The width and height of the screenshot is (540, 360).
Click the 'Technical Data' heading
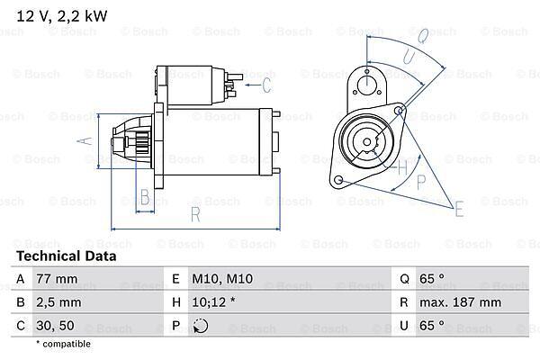point(67,256)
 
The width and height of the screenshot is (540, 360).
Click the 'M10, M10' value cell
point(216,279)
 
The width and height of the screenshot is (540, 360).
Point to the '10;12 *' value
point(212,302)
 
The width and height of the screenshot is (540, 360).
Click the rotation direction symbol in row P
point(200,326)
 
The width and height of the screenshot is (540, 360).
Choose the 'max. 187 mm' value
point(463,302)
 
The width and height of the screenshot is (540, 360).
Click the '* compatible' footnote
point(63,344)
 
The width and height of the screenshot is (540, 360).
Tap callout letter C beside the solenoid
point(266,85)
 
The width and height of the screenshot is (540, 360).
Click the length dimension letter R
point(194,214)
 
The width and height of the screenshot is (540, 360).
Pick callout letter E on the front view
point(460,211)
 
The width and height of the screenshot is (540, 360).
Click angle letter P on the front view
point(420,182)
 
